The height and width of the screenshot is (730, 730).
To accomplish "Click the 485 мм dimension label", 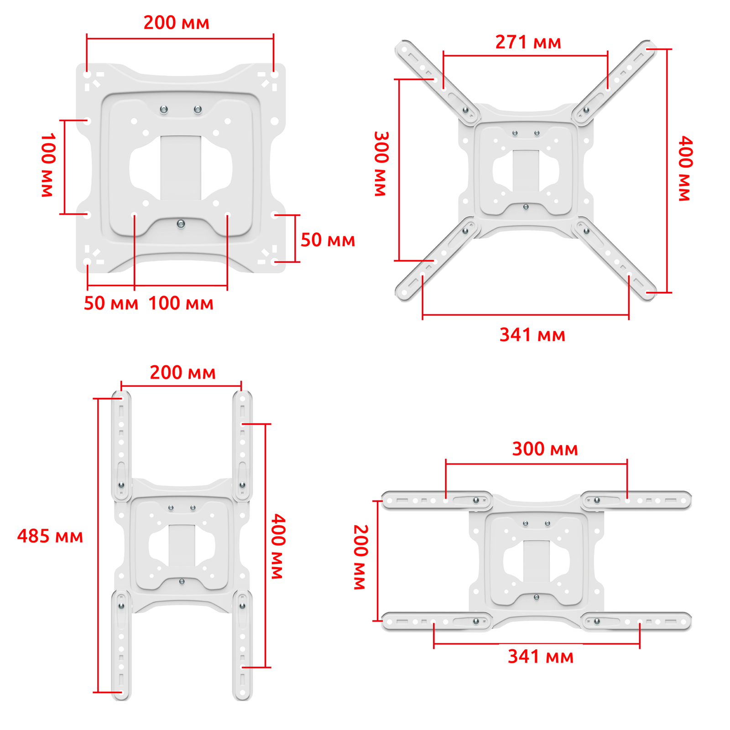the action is point(50,536).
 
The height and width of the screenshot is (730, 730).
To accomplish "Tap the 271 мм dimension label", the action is point(528,42).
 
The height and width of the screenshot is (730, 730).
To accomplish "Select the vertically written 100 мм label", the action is point(48,165).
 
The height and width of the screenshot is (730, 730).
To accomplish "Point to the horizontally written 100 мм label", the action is point(181,303).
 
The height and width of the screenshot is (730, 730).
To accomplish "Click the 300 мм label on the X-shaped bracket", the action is point(381,164).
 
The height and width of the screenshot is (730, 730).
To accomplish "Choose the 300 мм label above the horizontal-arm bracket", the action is point(545,449).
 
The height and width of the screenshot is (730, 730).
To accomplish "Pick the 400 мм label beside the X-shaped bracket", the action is point(685,168).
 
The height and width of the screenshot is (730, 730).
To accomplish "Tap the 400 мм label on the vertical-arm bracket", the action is point(278,546).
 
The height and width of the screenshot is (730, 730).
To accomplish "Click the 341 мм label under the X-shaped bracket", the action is point(532,335).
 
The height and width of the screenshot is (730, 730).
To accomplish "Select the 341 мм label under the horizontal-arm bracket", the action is point(541,657).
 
